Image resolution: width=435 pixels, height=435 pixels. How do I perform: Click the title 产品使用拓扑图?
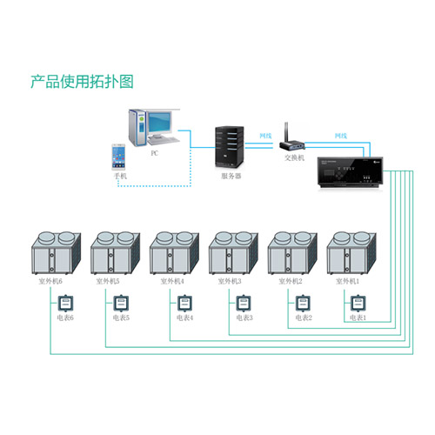pos(83,83)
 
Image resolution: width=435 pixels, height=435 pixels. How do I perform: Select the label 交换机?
pos(295,158)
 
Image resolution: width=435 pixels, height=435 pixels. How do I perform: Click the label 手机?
pos(120,176)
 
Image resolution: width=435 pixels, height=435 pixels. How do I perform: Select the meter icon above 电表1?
pos(358,304)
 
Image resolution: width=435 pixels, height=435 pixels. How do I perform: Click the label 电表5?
pos(122,318)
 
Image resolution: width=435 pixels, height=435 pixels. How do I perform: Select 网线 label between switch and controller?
pos(340,137)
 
